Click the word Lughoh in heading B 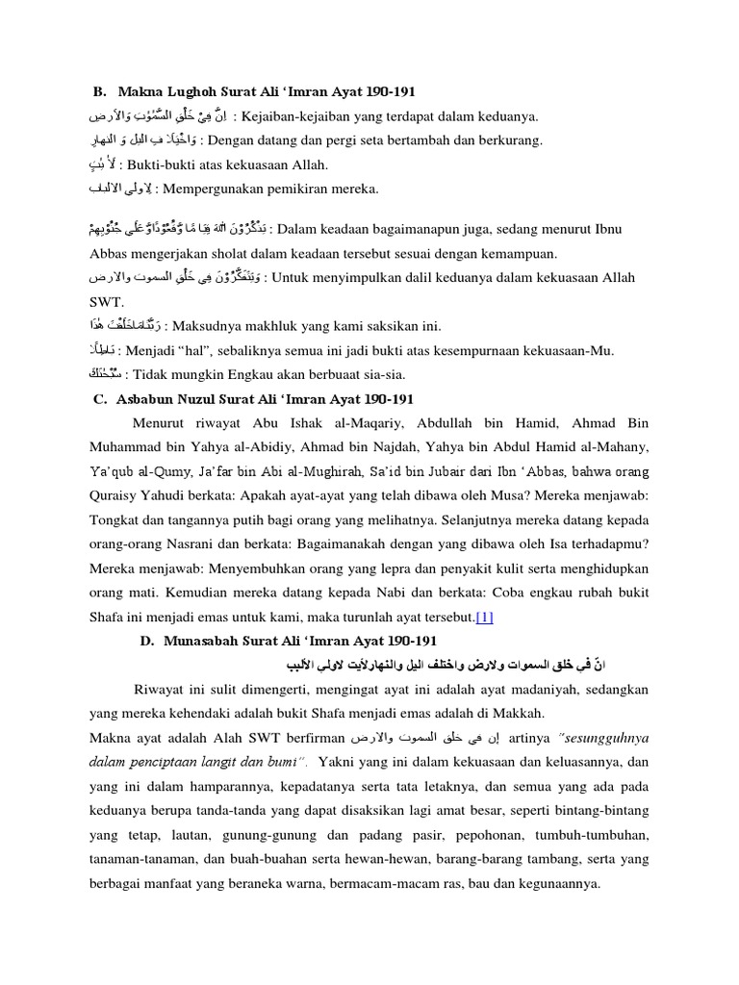189,92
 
